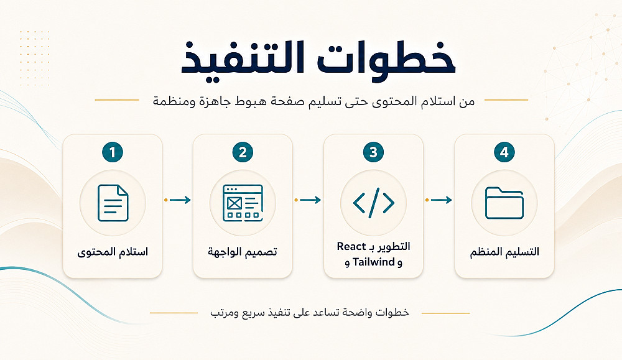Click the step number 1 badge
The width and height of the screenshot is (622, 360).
pyautogui.click(x=112, y=152)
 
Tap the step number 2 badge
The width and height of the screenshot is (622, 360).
pyautogui.click(x=243, y=152)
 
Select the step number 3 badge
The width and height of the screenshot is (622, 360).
pyautogui.click(x=373, y=152)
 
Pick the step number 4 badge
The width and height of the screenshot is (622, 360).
pyautogui.click(x=504, y=152)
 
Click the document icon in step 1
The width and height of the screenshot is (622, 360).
pyautogui.click(x=113, y=203)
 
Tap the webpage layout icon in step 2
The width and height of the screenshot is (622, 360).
pyautogui.click(x=243, y=203)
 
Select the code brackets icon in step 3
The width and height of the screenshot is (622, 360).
pyautogui.click(x=374, y=203)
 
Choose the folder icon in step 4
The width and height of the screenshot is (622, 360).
pyautogui.click(x=504, y=203)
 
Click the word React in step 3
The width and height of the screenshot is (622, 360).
pyautogui.click(x=351, y=247)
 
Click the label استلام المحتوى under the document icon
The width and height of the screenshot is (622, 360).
pyautogui.click(x=113, y=252)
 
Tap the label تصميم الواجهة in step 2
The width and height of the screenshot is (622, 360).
pyautogui.click(x=243, y=252)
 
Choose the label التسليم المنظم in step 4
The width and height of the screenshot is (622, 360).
pyautogui.click(x=504, y=252)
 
